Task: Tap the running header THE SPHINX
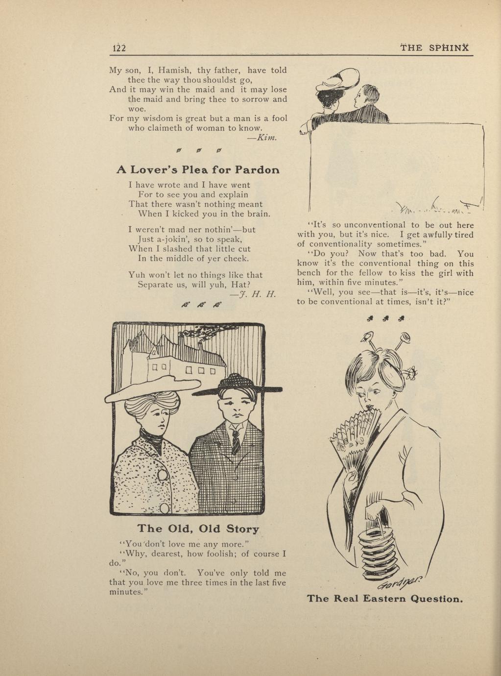coord(434,48)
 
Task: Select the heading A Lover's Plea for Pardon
coord(198,170)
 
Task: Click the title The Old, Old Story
coord(198,529)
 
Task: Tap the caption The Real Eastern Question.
coord(384,599)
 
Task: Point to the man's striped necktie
coord(236,441)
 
